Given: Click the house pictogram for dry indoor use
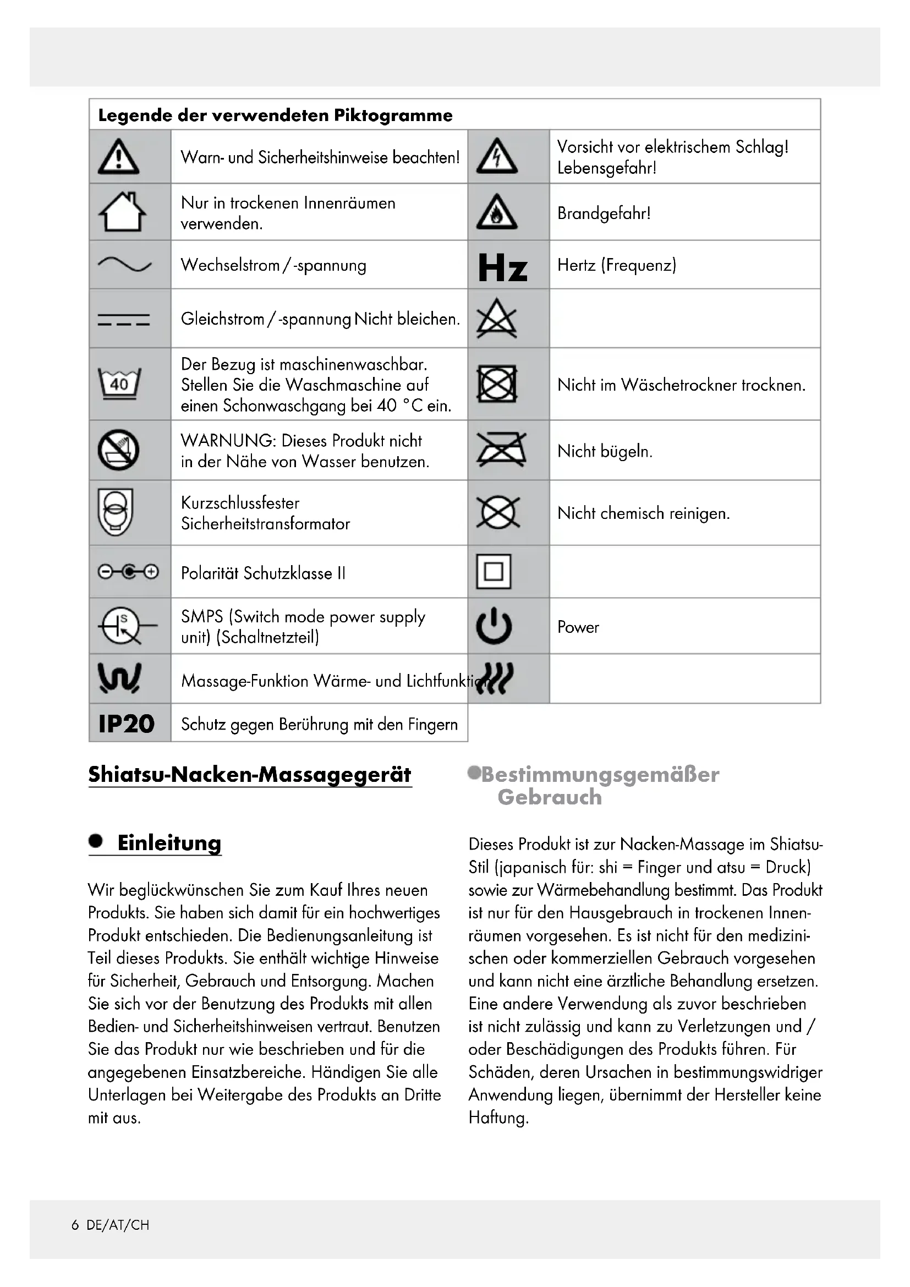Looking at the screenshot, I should tap(122, 212).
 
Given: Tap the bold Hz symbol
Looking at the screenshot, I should tap(503, 267).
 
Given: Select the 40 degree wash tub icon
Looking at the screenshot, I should tap(119, 384).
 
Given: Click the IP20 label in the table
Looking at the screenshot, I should tap(127, 724).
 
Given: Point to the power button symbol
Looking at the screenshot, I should tap(494, 627).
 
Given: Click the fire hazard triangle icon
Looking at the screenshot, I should tap(496, 213).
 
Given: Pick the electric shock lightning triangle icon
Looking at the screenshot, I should tap(496, 157).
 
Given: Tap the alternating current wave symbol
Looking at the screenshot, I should tap(124, 265).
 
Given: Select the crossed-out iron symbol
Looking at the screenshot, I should tap(500, 450).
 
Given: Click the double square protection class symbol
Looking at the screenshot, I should tap(494, 572).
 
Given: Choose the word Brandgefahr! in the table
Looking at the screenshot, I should tap(604, 213).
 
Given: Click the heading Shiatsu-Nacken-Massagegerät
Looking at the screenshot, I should tap(250, 774).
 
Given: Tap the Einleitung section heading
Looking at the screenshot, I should tap(169, 843).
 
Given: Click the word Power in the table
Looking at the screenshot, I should tap(578, 627).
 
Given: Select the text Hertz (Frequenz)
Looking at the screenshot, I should tap(616, 265).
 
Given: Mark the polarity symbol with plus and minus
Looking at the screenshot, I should tap(128, 572).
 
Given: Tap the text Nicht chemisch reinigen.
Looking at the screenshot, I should tap(643, 513).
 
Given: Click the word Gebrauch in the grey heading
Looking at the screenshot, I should tap(549, 797).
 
